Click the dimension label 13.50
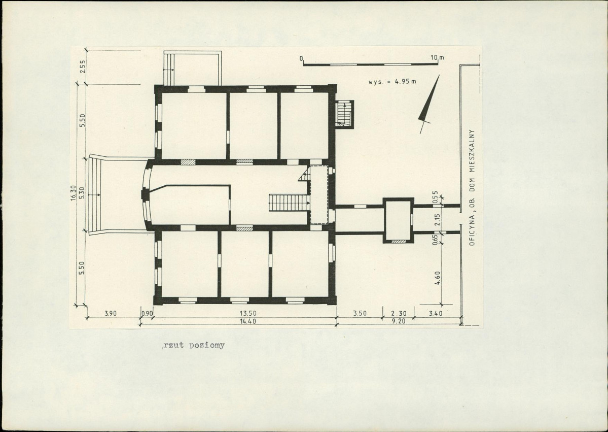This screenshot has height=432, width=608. pyautogui.click(x=248, y=313)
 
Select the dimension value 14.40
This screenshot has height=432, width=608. pyautogui.click(x=248, y=321)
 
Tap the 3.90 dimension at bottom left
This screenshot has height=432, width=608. pyautogui.click(x=111, y=313)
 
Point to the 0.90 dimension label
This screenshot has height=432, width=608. pyautogui.click(x=147, y=313)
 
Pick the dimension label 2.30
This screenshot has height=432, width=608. pyautogui.click(x=398, y=313)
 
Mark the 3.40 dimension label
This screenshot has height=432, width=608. pyautogui.click(x=436, y=313)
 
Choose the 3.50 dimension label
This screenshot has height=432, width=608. pyautogui.click(x=360, y=313)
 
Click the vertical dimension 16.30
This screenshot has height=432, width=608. pyautogui.click(x=74, y=193)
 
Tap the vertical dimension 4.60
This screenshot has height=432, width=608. pyautogui.click(x=438, y=278)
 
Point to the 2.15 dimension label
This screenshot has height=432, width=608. pyautogui.click(x=438, y=220)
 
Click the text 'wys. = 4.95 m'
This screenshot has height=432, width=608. pyautogui.click(x=392, y=82)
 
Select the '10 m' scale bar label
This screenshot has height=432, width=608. pyautogui.click(x=438, y=58)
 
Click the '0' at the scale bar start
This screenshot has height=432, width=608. pyautogui.click(x=301, y=58)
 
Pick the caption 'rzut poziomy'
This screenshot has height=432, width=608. pyautogui.click(x=194, y=345)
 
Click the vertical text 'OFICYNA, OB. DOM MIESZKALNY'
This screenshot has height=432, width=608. pyautogui.click(x=472, y=187)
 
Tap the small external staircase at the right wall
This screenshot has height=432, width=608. pyautogui.click(x=345, y=114)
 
